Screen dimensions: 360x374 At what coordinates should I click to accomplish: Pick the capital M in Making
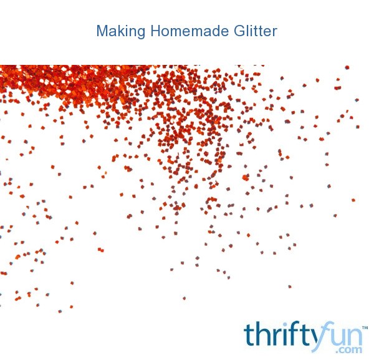click(102, 31)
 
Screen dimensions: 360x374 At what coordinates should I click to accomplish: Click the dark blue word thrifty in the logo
click(281, 334)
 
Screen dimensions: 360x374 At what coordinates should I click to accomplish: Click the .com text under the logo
click(349, 349)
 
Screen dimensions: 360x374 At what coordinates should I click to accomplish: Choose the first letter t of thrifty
click(248, 334)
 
